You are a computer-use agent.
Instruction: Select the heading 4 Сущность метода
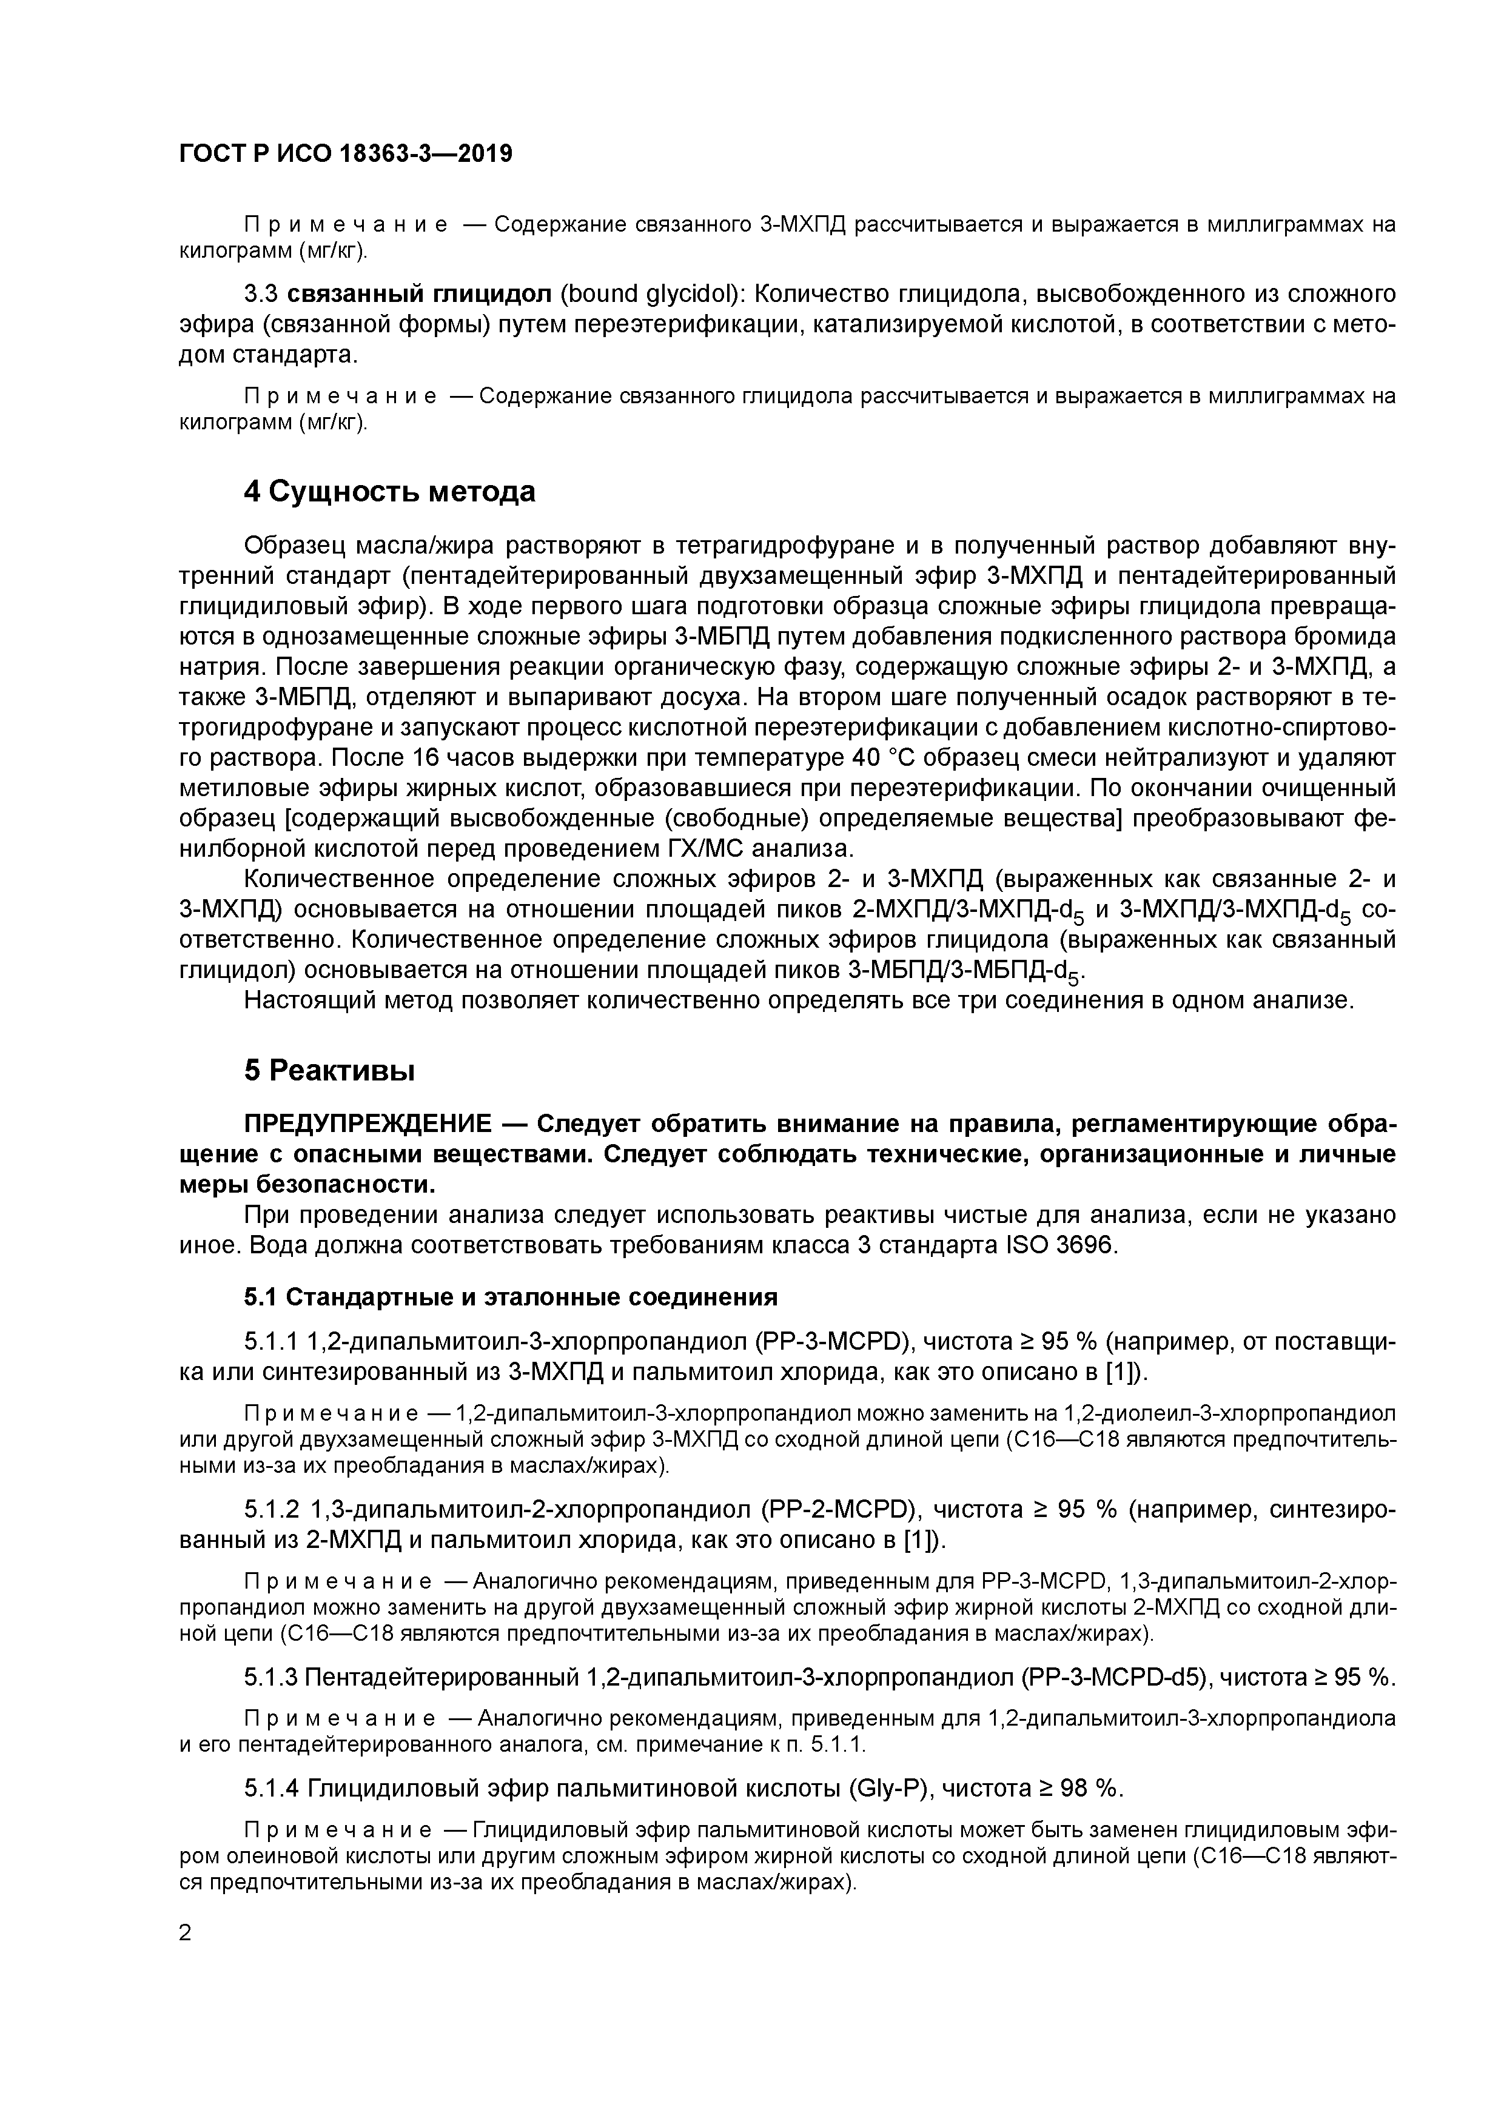[389, 491]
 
